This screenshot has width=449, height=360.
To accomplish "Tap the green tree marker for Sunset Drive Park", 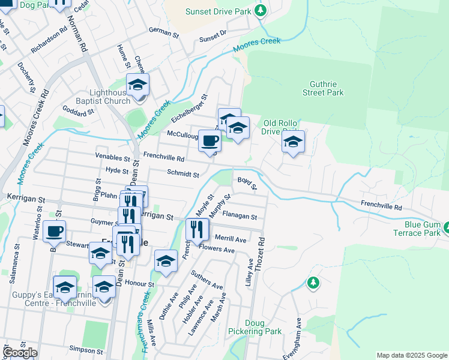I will coord(260,10).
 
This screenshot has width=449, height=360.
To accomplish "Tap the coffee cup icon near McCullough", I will coord(209,142).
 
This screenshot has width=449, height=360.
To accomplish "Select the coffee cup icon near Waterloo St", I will coord(54,231).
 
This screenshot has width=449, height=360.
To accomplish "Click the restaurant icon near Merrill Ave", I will coord(196,229).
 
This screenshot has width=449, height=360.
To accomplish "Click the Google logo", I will coord(20,353).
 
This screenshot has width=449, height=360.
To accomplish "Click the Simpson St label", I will coord(82,349).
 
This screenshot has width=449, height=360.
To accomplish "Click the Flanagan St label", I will coord(240,217).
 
